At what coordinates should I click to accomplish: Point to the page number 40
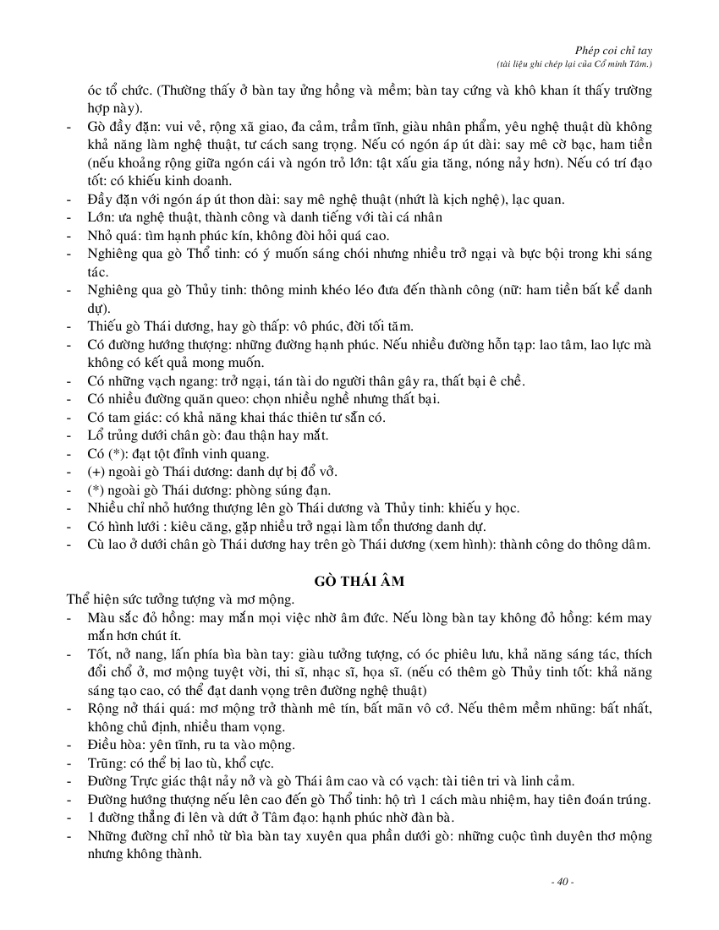point(562,883)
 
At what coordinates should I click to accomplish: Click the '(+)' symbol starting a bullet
point(97,472)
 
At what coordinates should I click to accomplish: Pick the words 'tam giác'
point(126,417)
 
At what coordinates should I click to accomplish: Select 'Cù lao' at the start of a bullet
point(105,544)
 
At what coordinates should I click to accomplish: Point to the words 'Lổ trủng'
point(114,435)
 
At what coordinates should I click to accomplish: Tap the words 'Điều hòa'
point(115,745)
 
